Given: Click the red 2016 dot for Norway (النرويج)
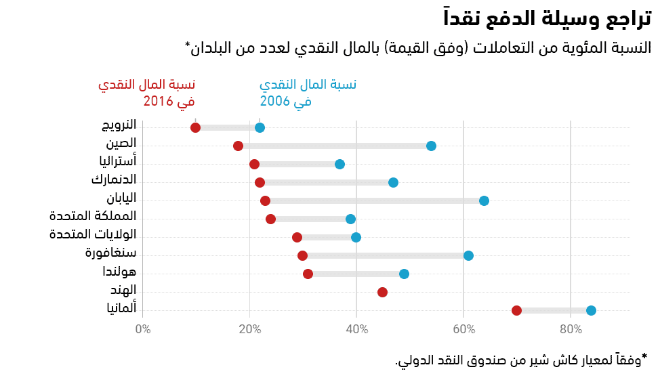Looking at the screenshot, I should click(196, 127).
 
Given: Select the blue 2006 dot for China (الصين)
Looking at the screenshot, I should click(431, 146).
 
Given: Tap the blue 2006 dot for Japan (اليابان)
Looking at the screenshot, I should click(484, 200).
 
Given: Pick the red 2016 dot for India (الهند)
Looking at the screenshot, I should click(382, 292).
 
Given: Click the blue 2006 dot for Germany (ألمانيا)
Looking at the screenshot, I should click(591, 310).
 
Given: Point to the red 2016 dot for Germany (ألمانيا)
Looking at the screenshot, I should click(516, 310).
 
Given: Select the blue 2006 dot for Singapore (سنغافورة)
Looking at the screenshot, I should click(468, 255).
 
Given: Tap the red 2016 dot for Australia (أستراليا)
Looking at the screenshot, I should click(254, 164).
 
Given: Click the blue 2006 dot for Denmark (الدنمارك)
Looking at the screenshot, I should click(393, 182).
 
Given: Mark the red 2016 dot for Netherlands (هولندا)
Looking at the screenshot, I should click(308, 274).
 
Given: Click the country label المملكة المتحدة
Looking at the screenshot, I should click(93, 217).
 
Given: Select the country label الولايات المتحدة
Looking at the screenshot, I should click(93, 235).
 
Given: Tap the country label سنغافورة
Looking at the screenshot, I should click(111, 253).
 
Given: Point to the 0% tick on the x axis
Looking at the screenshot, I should click(143, 330).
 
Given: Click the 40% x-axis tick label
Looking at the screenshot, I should click(356, 330).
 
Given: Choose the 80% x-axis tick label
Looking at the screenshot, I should click(571, 330).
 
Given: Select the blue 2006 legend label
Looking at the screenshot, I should click(308, 93).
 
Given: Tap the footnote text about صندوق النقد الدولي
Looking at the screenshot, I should click(522, 360).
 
